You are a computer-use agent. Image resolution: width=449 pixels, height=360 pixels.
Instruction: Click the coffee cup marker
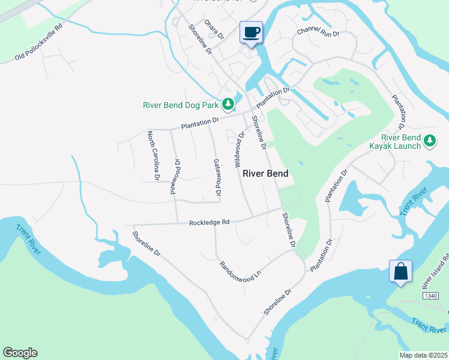[251, 32]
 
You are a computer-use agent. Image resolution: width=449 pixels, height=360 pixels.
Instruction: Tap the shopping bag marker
[400, 271]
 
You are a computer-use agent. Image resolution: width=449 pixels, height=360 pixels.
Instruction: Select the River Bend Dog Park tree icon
[228, 104]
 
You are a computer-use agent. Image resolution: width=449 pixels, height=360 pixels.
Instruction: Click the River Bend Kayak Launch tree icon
[429, 141]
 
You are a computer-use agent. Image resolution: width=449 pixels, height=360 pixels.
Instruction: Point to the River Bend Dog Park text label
[181, 105]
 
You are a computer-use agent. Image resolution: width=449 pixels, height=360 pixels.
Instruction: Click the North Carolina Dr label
[153, 156]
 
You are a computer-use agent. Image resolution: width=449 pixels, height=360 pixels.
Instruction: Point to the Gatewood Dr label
[217, 177]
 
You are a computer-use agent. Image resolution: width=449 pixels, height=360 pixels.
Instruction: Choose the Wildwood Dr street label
[240, 150]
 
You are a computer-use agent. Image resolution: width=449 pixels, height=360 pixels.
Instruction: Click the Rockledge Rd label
[209, 222]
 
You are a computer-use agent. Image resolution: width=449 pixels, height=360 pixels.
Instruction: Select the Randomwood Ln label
[241, 268]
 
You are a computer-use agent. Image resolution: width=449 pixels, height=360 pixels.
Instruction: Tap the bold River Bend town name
[265, 173]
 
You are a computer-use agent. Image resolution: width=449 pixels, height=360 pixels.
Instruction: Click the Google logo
[20, 353]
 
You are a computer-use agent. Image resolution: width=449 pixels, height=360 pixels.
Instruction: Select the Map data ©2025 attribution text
[423, 355]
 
